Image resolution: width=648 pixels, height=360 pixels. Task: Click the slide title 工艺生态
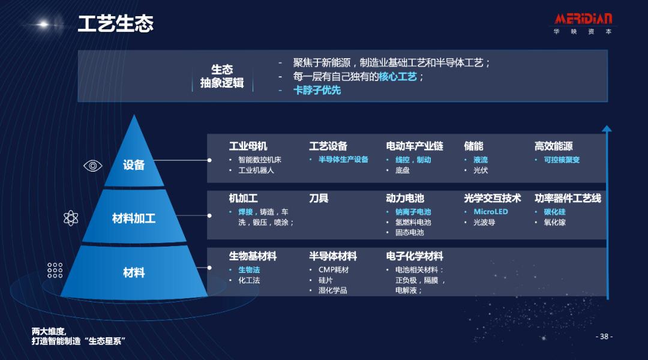pos(116,24)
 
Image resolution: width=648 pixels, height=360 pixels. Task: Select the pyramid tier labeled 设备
pos(134,164)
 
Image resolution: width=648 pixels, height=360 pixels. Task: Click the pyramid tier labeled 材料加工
pos(134,218)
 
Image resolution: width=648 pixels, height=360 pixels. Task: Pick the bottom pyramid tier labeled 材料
pos(134,272)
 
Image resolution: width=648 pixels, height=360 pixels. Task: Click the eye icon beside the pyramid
pos(92,166)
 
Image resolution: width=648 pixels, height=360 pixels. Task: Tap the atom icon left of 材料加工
pos(71,218)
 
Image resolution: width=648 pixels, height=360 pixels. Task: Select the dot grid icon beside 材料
pos(55,270)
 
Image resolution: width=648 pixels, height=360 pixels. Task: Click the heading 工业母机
pos(248,146)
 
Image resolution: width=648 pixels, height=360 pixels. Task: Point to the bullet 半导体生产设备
pos(343,160)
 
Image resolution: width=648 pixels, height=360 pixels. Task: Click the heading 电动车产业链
pos(415,146)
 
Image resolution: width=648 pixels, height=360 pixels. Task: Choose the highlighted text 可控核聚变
pos(562,160)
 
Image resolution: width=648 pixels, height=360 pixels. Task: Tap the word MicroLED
pos(490,212)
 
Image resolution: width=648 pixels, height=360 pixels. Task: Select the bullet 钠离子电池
pos(413,212)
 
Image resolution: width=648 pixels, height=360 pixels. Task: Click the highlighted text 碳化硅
pos(554,212)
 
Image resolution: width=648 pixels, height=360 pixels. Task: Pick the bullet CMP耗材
pos(333,269)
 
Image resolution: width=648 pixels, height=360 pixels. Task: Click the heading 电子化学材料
pos(415,256)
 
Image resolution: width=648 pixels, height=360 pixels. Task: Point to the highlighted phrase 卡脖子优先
pos(317,90)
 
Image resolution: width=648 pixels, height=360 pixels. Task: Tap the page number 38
pos(604,337)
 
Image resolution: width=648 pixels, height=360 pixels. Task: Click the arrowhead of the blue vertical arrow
pos(607,129)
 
